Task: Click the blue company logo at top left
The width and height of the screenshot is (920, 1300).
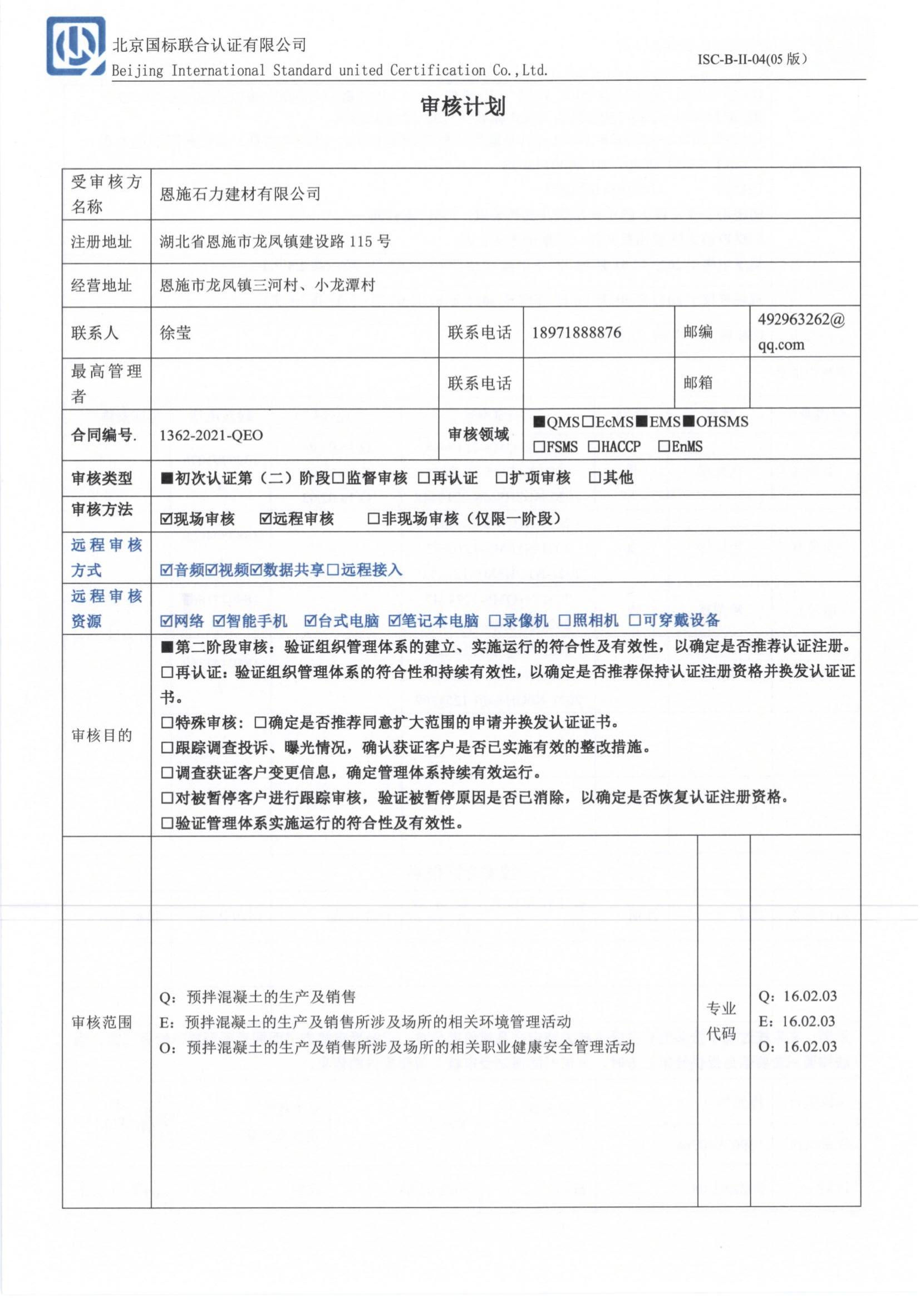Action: point(75,46)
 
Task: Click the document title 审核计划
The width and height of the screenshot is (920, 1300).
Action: point(463,106)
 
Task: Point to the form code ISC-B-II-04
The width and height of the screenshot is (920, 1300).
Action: point(751,60)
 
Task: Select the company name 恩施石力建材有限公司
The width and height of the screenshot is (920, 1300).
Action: point(240,194)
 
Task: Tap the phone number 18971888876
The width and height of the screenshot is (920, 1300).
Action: point(576,332)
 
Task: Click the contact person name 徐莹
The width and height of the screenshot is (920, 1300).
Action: point(176,332)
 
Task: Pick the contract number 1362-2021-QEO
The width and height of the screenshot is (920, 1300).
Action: point(211,435)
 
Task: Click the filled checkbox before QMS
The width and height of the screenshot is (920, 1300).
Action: point(539,422)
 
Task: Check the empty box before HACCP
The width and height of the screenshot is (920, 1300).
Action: point(593,447)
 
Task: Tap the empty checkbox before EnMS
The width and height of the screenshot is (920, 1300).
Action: point(664,447)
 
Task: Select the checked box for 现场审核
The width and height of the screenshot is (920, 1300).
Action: point(166,519)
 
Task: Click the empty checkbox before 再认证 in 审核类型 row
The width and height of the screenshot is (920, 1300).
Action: point(424,478)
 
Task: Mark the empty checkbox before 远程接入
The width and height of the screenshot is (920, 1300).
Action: point(333,570)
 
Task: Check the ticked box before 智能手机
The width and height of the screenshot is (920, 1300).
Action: point(219,622)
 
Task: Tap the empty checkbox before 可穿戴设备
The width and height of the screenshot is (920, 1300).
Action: point(635,621)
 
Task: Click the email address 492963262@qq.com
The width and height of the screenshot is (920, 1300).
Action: point(801,332)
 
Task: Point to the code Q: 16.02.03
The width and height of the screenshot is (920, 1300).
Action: point(797,996)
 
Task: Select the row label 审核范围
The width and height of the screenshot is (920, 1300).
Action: point(102,1021)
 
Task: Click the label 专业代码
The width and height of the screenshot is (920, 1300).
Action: point(721,1021)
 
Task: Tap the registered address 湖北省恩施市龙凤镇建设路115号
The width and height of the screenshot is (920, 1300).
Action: point(275,242)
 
